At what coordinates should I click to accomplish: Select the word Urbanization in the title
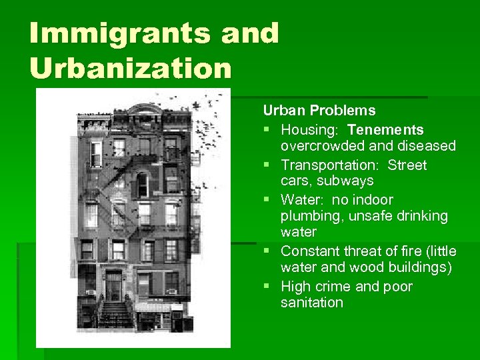[130, 67]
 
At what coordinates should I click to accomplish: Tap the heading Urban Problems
[319, 111]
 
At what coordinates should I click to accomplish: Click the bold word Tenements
[385, 129]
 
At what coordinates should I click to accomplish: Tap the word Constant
[311, 251]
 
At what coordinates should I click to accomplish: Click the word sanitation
[312, 303]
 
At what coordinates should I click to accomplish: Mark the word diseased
[425, 145]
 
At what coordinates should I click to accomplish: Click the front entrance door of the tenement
[113, 286]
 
